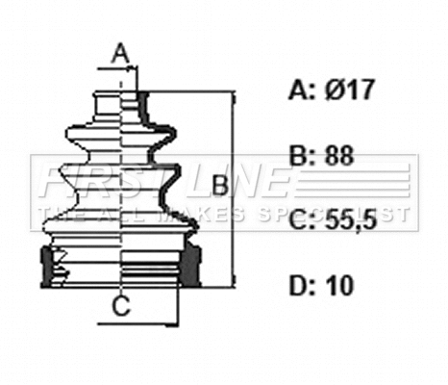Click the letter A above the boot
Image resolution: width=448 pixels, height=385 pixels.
[119, 53]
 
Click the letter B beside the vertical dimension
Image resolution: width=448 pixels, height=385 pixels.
[219, 184]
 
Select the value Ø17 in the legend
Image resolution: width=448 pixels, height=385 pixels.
[347, 91]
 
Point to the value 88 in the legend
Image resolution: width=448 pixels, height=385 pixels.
[339, 155]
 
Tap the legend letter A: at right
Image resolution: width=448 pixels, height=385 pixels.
[301, 91]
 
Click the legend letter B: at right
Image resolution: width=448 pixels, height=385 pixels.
[301, 155]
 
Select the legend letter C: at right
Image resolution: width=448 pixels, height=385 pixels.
[301, 220]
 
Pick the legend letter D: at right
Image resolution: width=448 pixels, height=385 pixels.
[301, 285]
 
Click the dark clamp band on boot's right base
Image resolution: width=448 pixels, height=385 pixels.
[192, 265]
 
